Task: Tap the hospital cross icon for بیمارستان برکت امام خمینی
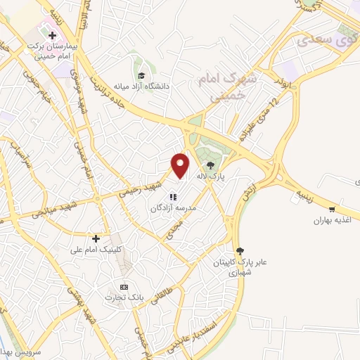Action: coord(52,34)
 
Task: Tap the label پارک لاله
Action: coord(230,177)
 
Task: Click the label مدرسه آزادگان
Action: coord(175,209)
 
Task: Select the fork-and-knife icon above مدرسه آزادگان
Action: coord(174,196)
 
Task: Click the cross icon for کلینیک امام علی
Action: coord(96,238)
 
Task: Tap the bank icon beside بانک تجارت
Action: coord(124,287)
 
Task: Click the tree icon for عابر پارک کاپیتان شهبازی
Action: coord(240,250)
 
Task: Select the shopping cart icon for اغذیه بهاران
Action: coord(332,209)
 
